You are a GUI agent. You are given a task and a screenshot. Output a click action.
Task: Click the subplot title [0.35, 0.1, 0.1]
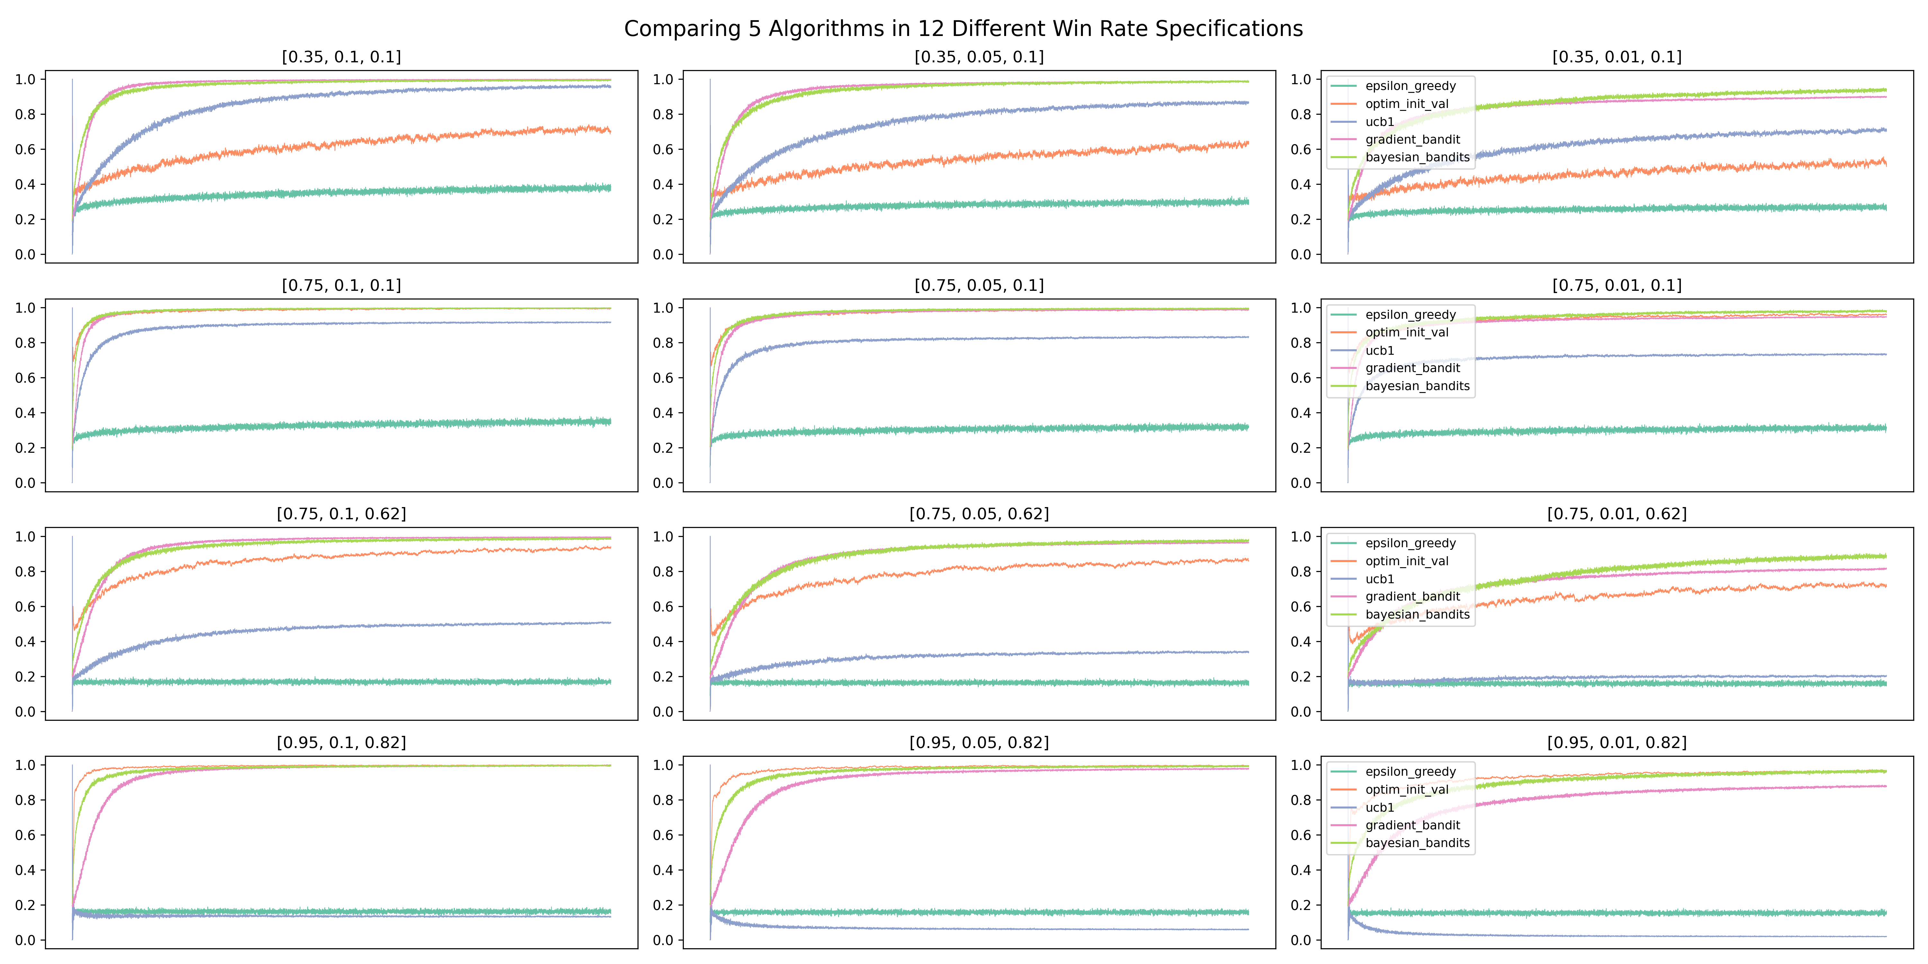click(341, 57)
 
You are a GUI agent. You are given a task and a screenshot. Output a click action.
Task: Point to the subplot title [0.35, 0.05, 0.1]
click(979, 57)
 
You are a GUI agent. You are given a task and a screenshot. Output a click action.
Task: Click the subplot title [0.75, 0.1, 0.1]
click(341, 285)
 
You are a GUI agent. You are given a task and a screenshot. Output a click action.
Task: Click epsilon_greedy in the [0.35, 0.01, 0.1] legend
click(1410, 86)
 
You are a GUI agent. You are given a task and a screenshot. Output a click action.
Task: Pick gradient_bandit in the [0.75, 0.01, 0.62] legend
click(1412, 596)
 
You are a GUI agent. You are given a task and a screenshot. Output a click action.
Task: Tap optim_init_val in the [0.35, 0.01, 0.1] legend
click(1406, 104)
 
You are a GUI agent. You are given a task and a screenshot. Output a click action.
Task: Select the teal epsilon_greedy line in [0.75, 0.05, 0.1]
click(979, 430)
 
